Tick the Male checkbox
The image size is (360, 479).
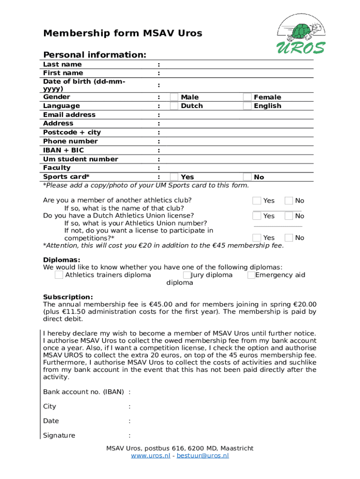(x=174, y=97)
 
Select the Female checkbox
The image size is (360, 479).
(x=247, y=97)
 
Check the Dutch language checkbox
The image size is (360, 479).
(x=174, y=106)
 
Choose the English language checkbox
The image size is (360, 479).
(x=247, y=106)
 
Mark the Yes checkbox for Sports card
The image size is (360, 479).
(x=174, y=177)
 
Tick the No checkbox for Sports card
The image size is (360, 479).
(x=247, y=177)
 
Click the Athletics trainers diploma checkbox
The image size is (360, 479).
(x=59, y=275)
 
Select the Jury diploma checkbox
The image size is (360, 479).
(x=187, y=275)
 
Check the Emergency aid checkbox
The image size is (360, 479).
(x=251, y=275)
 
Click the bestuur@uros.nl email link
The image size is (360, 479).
(x=202, y=456)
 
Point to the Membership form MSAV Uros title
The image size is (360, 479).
(x=122, y=33)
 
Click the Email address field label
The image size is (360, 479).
(x=69, y=115)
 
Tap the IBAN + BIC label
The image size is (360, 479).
(x=64, y=150)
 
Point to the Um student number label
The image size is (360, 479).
(x=80, y=159)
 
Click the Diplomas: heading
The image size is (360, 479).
(x=62, y=260)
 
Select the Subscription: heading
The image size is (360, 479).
(x=68, y=297)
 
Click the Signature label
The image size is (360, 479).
(x=59, y=435)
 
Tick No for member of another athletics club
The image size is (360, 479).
(x=288, y=201)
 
